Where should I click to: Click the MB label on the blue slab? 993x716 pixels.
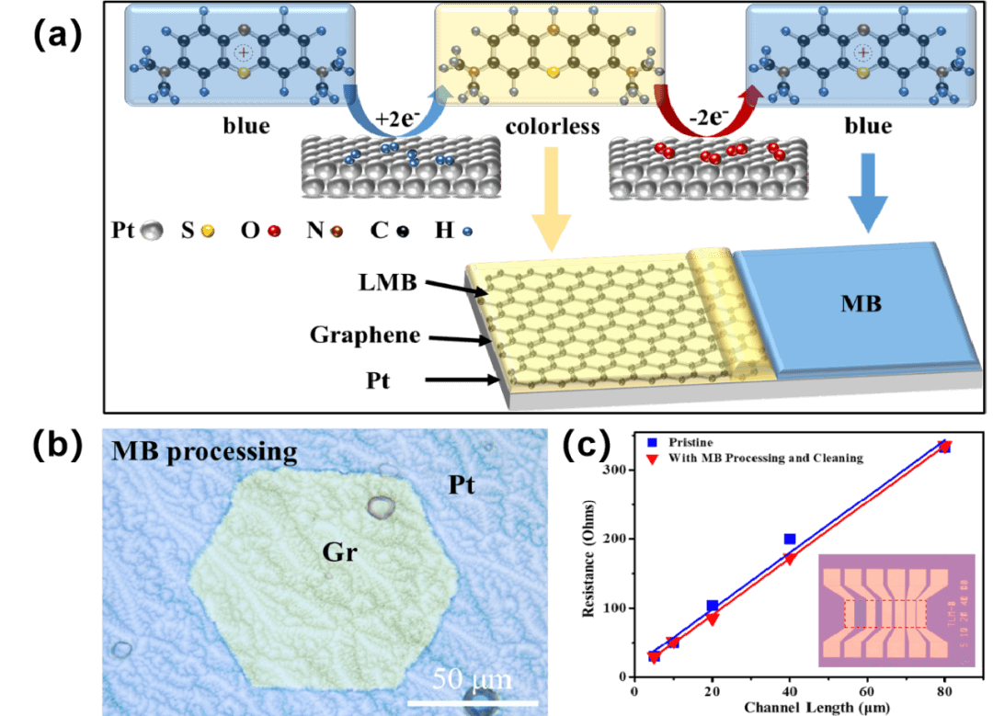click(861, 303)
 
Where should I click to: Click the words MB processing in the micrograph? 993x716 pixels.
click(204, 451)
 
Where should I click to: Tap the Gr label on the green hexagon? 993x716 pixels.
click(339, 552)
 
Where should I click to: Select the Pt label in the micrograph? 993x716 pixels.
click(462, 484)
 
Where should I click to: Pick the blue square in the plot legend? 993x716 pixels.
click(652, 442)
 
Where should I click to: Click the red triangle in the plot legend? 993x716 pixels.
click(652, 458)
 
